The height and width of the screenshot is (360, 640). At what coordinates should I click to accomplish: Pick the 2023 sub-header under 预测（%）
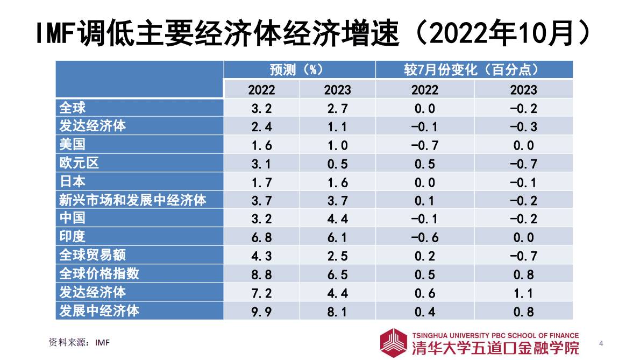coord(337,89)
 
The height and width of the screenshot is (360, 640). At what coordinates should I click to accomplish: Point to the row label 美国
coord(73,145)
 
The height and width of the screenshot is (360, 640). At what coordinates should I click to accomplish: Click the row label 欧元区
coord(79,163)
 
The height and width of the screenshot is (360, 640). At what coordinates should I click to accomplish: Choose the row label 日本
coord(73,181)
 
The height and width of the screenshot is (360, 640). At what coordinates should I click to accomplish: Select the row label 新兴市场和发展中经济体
coord(132,200)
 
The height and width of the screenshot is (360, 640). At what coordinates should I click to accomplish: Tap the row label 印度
coord(73,237)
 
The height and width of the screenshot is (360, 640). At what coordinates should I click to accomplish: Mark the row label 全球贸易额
coord(93,255)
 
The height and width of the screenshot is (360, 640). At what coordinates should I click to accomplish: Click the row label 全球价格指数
coord(99,273)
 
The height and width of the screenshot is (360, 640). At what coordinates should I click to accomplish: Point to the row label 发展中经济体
coord(99,310)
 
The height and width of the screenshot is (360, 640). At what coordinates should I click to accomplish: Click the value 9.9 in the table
coord(261,311)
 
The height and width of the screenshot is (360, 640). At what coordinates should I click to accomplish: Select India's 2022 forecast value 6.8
coord(261,237)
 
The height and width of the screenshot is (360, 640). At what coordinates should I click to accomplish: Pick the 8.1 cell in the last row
coord(337,311)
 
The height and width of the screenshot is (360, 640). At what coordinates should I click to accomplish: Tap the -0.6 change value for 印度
coord(424,237)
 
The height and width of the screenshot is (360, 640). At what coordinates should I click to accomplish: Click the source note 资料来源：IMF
coord(79,342)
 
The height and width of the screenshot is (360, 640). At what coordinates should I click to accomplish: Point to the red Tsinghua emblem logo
coord(394,342)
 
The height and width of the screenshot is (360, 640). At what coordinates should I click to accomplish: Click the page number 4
coord(601,343)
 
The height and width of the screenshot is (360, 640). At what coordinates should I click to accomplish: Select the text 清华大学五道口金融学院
coord(495,348)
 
